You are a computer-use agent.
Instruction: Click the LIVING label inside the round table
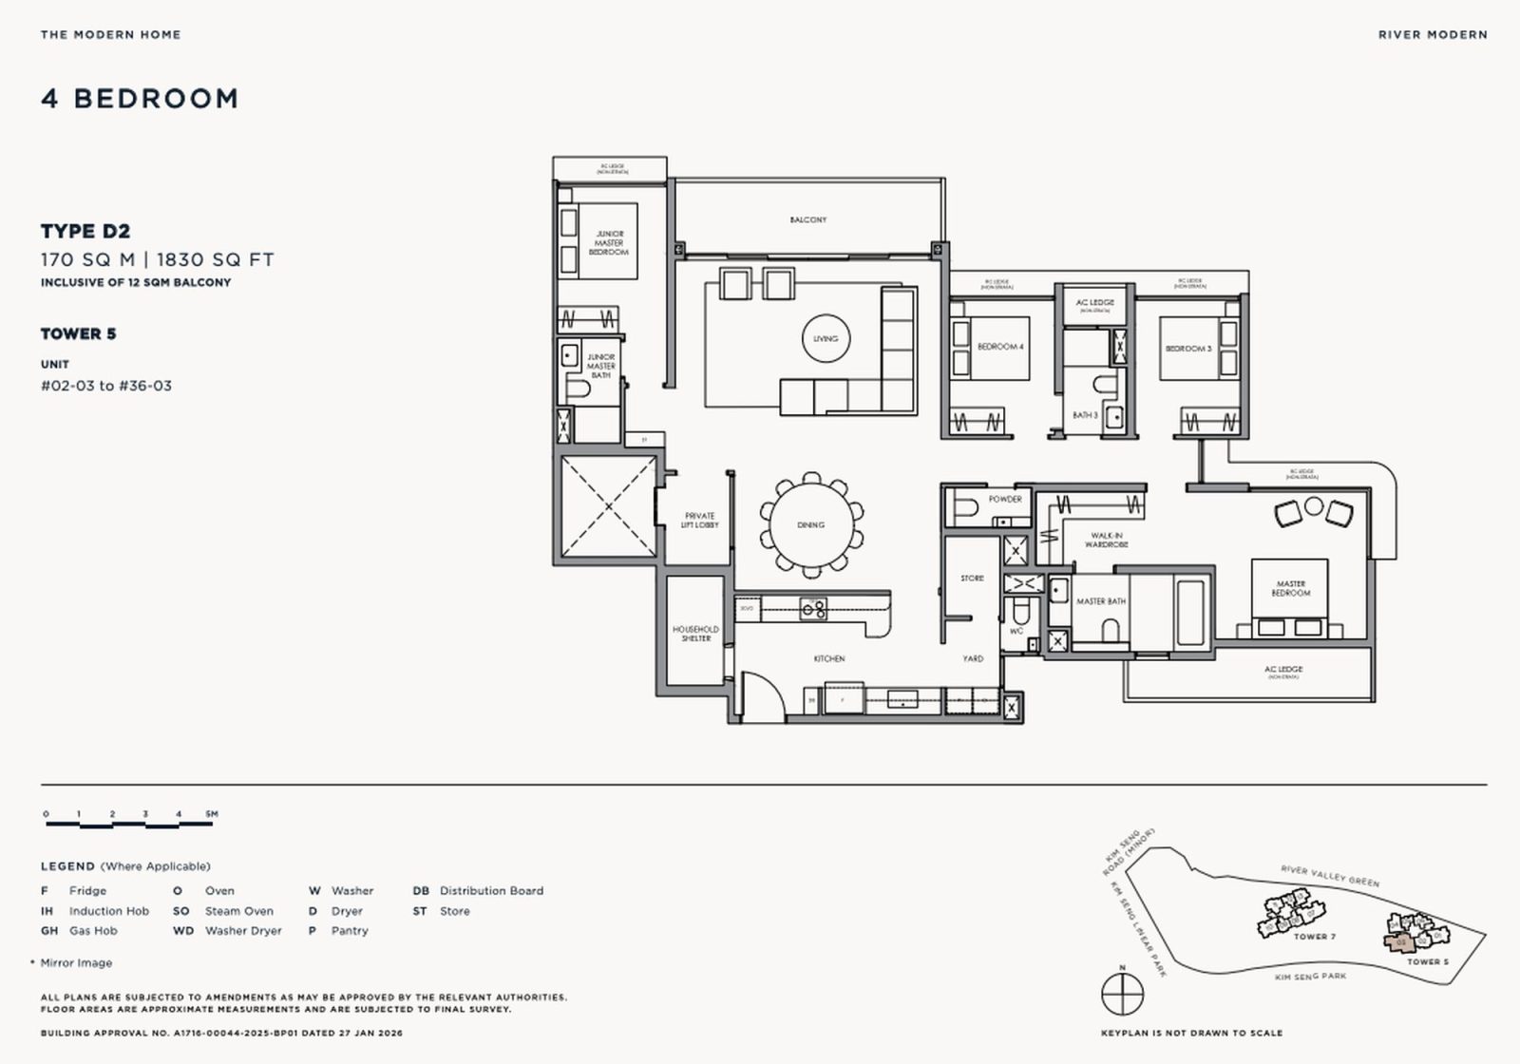point(826,338)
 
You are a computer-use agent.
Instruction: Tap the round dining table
point(810,524)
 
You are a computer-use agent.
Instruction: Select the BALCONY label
point(808,219)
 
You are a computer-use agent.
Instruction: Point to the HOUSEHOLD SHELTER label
point(695,634)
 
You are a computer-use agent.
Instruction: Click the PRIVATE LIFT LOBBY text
point(699,521)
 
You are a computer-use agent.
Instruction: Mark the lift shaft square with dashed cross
point(608,506)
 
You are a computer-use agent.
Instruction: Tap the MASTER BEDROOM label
point(1290,588)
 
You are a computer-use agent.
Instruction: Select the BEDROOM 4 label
point(1000,347)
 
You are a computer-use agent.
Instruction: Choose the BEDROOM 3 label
point(1188,349)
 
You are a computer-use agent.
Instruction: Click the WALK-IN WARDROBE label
point(1107,540)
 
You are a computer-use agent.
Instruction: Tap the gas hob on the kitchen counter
point(813,608)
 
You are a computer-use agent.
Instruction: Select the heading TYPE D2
point(85,231)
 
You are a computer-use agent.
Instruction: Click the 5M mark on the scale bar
point(211,814)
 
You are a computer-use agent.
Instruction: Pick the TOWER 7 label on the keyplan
point(1314,937)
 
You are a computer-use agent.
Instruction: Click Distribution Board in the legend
point(491,890)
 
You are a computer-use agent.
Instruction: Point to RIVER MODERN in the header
point(1432,34)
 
